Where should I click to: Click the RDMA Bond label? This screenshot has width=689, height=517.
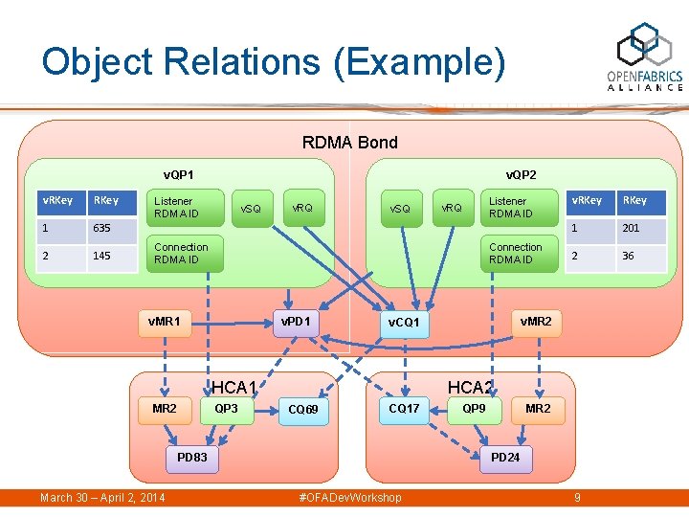[x=349, y=143]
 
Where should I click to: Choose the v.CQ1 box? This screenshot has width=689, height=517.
[x=404, y=324]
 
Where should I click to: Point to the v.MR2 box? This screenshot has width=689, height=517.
[x=535, y=322]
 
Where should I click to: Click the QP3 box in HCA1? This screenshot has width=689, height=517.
[x=227, y=409]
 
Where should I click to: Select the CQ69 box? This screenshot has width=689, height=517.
[x=303, y=411]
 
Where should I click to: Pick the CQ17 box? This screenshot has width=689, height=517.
[x=404, y=409]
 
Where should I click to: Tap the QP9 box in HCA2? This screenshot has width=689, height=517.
[x=474, y=409]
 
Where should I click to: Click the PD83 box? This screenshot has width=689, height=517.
[x=192, y=458]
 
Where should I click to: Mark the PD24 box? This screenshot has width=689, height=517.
[x=505, y=458]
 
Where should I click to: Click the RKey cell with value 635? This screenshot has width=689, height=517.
[x=111, y=229]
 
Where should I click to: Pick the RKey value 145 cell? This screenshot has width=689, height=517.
[x=111, y=257]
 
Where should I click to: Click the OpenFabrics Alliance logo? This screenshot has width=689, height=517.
[x=645, y=58]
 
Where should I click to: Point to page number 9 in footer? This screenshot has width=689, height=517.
[x=577, y=498]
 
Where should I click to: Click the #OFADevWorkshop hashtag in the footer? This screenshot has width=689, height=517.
[x=350, y=498]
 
